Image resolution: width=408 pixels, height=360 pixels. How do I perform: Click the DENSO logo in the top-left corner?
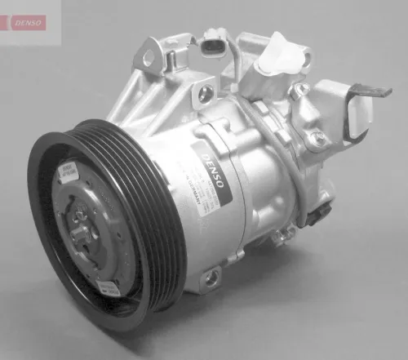[x=26, y=22]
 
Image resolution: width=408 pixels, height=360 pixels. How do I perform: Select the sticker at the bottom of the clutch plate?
[x=109, y=287]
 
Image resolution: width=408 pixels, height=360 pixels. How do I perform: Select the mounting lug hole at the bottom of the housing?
[x=211, y=278]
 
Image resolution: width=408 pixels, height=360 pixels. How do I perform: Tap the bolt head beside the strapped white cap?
[x=303, y=89]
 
